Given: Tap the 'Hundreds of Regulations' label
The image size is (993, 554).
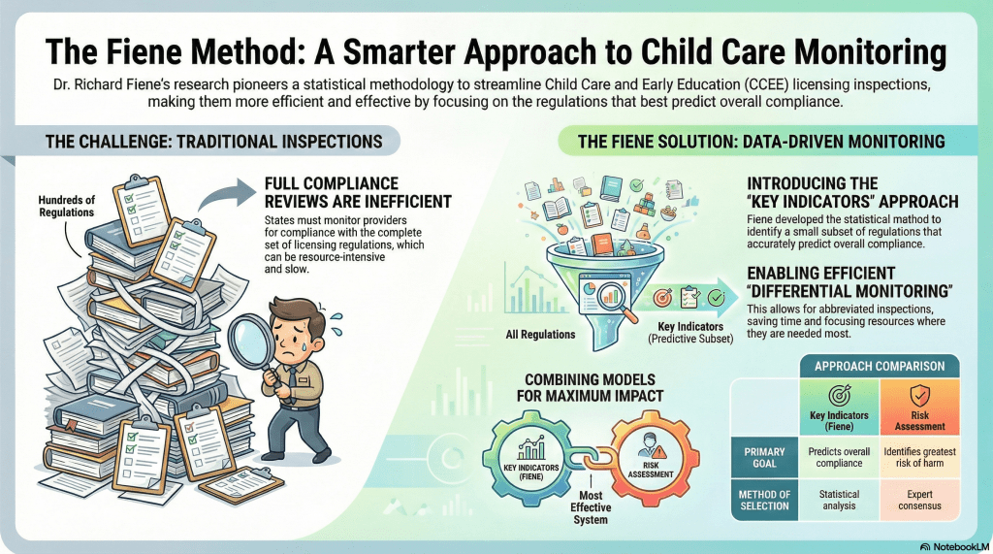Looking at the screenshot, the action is (67, 207).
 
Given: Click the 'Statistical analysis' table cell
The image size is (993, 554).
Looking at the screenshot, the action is (839, 500).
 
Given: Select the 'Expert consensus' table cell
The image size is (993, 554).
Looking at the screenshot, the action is (919, 500).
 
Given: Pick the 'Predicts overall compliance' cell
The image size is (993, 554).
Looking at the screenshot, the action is (839, 457).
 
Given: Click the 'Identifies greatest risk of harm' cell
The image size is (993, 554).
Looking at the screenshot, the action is (919, 457).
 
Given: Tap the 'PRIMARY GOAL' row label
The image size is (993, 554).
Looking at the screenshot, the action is (764, 458).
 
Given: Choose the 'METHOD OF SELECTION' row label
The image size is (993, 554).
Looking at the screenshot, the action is (764, 500).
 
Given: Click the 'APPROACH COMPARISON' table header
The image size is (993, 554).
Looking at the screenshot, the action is (879, 367).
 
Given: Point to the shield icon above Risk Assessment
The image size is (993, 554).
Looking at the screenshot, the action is (919, 396).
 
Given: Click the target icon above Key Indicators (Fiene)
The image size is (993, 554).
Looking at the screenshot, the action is (839, 396).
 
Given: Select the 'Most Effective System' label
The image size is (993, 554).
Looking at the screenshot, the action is (591, 507).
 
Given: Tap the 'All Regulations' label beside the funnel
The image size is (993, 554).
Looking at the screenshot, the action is (540, 335).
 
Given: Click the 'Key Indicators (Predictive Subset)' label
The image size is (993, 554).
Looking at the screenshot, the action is (690, 333).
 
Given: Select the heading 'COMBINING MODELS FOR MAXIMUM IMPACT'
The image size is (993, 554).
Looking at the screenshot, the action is (591, 388).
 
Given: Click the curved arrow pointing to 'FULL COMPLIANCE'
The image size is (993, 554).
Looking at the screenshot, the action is (225, 193).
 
